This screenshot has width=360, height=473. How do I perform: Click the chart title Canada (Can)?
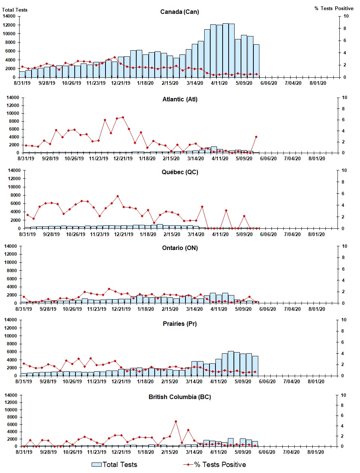[179, 12]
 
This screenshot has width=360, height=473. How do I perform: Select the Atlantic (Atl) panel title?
[180, 99]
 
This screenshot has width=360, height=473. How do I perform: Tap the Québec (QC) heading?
[180, 172]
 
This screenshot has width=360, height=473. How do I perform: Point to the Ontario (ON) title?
[180, 248]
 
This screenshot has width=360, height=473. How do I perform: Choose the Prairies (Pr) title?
[180, 324]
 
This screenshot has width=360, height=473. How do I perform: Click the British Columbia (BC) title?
[180, 397]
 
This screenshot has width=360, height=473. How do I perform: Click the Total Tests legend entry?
[115, 465]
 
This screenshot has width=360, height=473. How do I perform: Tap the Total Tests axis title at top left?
[15, 10]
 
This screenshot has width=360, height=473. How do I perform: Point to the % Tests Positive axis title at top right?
[334, 8]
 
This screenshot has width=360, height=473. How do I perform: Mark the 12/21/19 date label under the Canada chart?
[121, 83]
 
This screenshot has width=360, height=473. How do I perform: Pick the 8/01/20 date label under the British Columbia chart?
[316, 452]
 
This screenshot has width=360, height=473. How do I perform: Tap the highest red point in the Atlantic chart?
[123, 117]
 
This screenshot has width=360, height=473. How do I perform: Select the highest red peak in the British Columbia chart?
[176, 422]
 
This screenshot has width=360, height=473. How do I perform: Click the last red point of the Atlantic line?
[256, 137]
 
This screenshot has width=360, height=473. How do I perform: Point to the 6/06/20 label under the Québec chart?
[268, 234]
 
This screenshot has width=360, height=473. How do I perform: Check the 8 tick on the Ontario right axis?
[343, 258]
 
